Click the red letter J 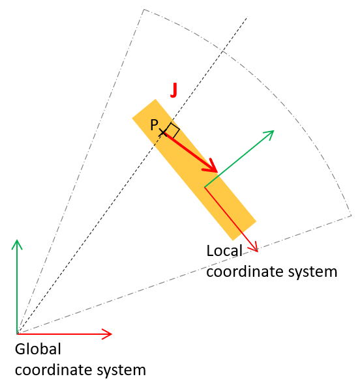tap(173, 91)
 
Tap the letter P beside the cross tap(155, 125)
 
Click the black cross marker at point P tap(162, 133)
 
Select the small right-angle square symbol tap(172, 130)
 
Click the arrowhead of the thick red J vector tap(211, 166)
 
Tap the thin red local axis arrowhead tap(254, 246)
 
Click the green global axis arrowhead tap(17, 244)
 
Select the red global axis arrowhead tap(107, 334)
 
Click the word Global tap(38, 349)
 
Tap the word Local tap(224, 251)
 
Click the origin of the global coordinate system tap(17, 334)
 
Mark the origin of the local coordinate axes tap(205, 187)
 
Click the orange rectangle tap(194, 170)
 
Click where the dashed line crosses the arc tap(222, 51)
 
